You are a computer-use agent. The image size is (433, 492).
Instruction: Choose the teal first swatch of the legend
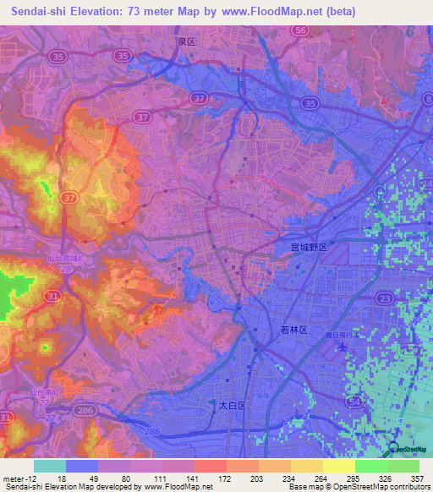coord(50,466)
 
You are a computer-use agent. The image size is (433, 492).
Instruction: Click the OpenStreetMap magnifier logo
coord(393,451)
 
